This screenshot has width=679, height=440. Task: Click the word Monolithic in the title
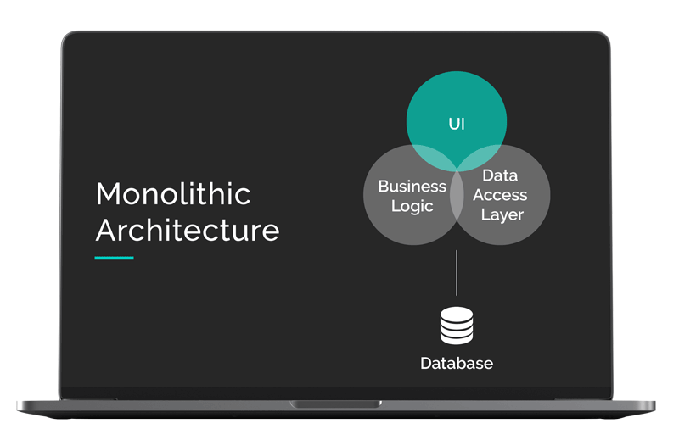[173, 193]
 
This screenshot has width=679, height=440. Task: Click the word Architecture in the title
[188, 230]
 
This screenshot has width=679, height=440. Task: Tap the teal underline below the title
[114, 259]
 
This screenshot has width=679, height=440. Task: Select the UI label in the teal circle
[457, 124]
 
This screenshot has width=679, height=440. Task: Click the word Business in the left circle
[412, 186]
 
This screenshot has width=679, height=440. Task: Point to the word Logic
[412, 206]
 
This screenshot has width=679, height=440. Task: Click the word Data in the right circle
[500, 175]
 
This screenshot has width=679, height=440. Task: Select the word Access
[500, 195]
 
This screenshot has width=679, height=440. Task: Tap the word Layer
[502, 215]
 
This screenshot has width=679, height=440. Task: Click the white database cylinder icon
[457, 326]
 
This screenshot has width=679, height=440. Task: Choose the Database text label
[457, 364]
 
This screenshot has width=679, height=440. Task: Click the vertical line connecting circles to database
[457, 273]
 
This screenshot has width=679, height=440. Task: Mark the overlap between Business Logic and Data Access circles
[457, 195]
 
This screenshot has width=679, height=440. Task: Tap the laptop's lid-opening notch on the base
[336, 404]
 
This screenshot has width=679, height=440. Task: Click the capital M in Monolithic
[107, 194]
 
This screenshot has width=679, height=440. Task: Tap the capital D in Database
[426, 364]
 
